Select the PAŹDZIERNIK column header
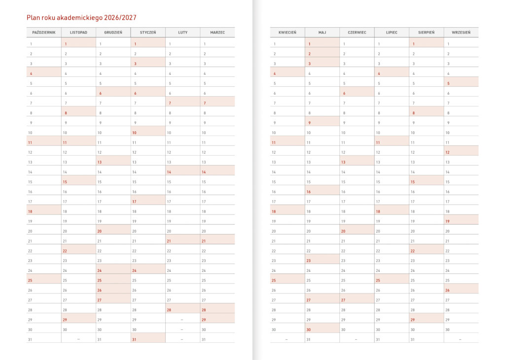(x=44, y=33)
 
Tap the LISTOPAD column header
(x=78, y=33)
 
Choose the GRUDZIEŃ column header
(x=113, y=33)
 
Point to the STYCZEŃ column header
(x=148, y=33)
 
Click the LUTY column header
(x=182, y=33)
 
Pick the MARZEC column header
(x=217, y=33)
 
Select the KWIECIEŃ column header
(x=287, y=33)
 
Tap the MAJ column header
(x=322, y=33)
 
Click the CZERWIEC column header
(x=357, y=33)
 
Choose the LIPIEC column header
(x=392, y=33)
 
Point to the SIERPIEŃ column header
(x=426, y=33)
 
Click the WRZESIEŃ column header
(x=461, y=33)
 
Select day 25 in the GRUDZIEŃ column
(x=100, y=280)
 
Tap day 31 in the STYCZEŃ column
(x=134, y=339)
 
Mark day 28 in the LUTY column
(x=169, y=310)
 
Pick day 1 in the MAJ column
(x=310, y=44)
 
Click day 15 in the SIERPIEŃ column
(x=413, y=182)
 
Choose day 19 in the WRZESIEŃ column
(x=447, y=221)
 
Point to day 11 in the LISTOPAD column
(x=65, y=142)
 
